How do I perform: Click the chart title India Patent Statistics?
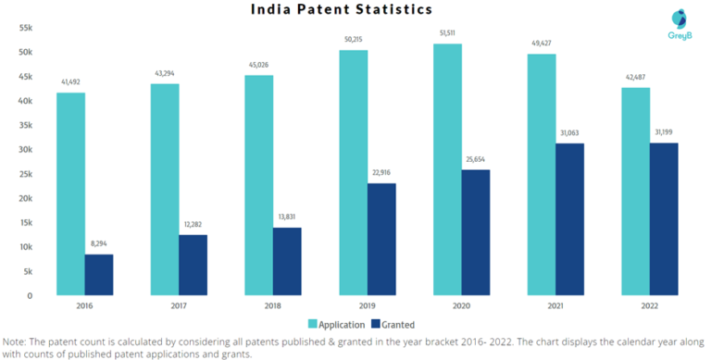342,10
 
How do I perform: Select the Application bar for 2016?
70,193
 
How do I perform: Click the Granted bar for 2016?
99,275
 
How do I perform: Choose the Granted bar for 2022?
664,218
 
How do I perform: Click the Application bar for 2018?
258,185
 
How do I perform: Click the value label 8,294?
99,242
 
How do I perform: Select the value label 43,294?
165,73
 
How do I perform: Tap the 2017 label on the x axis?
179,304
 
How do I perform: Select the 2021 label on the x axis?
555,304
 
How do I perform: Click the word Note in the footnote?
15,340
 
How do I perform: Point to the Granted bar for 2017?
193,265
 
